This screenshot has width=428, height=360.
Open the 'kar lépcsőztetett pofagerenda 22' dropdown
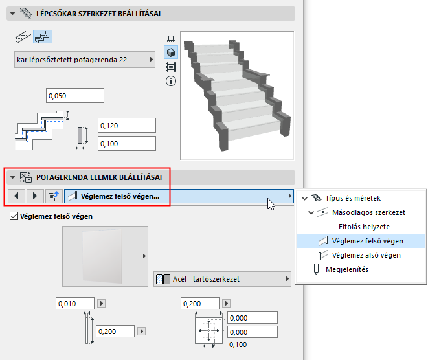(85, 60)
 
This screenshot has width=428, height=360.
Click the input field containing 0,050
(74, 96)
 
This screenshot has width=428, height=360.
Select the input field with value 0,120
(126, 126)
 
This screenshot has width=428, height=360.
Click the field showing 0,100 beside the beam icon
(126, 143)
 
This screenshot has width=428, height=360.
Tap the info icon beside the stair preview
(172, 81)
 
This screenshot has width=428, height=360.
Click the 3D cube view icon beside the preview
(172, 52)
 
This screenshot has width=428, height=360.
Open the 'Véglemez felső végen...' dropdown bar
(179, 196)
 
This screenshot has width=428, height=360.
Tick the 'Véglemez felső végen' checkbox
(15, 216)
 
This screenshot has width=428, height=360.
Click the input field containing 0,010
(75, 303)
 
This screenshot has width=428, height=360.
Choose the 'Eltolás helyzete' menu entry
(364, 227)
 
